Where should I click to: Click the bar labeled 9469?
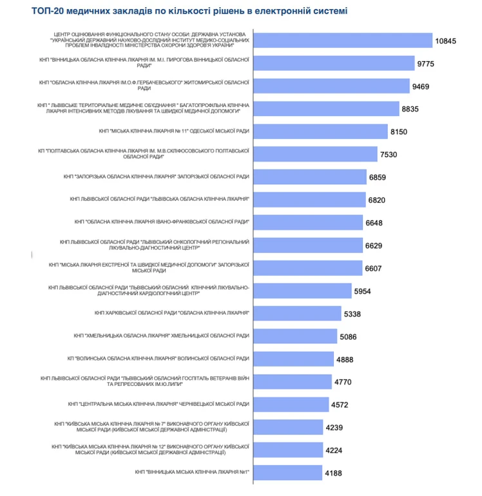pyautogui.click(x=331, y=86)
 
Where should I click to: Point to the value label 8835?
pyautogui.click(x=410, y=109)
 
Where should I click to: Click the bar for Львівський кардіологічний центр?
pyautogui.click(x=303, y=290)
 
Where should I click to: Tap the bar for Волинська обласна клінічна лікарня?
pyautogui.click(x=294, y=358)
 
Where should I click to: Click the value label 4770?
pyautogui.click(x=343, y=382)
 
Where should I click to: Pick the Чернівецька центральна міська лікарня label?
pyautogui.click(x=159, y=404)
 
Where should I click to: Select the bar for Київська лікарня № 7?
pyautogui.click(x=289, y=426)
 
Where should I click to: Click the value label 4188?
pyautogui.click(x=336, y=473)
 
